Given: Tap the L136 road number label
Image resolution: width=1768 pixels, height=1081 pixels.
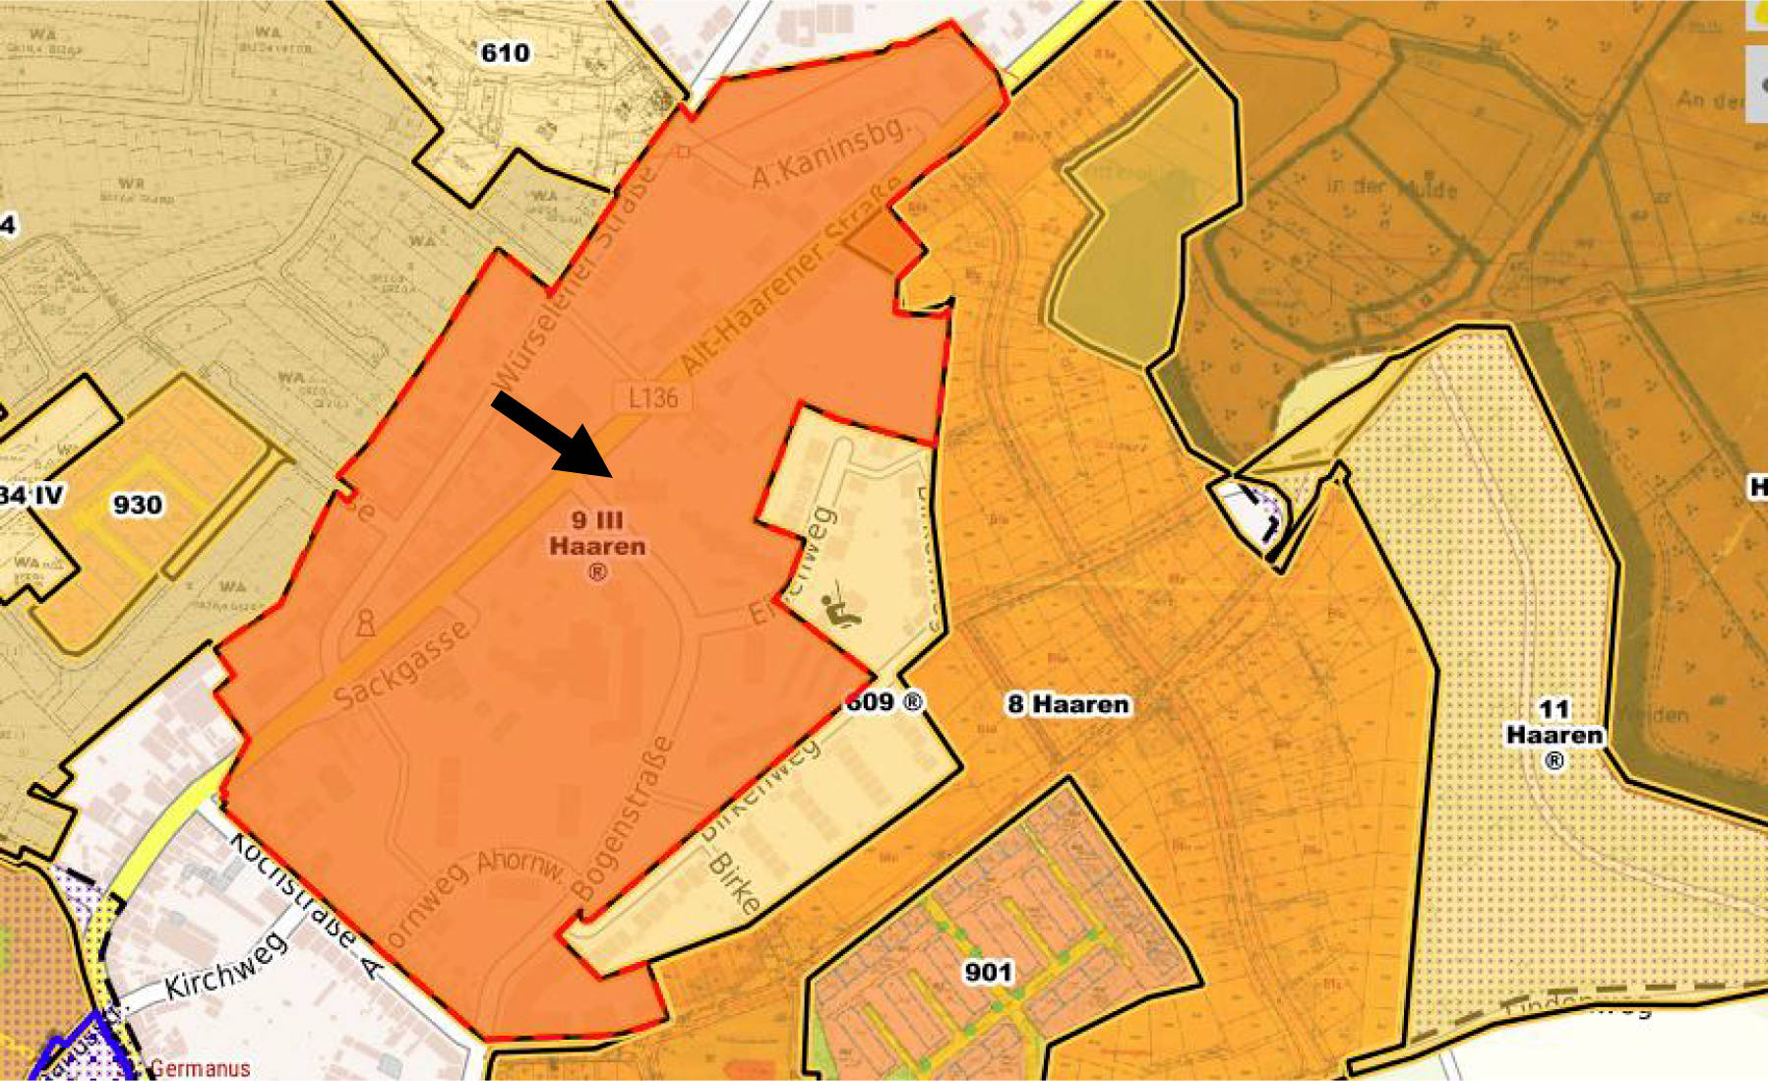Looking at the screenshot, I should pos(653,397).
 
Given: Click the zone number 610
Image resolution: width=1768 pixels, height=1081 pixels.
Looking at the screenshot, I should pos(505,53).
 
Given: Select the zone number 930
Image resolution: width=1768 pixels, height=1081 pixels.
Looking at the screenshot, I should pos(137,505).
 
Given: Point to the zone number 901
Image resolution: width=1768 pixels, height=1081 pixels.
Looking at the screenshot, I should pos(988,972).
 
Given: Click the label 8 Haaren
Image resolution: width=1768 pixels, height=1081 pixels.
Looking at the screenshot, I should pos(1067,704).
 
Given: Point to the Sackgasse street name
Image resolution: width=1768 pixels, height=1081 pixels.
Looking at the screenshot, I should pos(402,665).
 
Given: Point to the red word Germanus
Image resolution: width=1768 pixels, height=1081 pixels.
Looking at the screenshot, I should pos(201,1068).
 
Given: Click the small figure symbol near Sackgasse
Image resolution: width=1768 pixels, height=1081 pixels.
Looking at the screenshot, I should pos(365,624).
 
